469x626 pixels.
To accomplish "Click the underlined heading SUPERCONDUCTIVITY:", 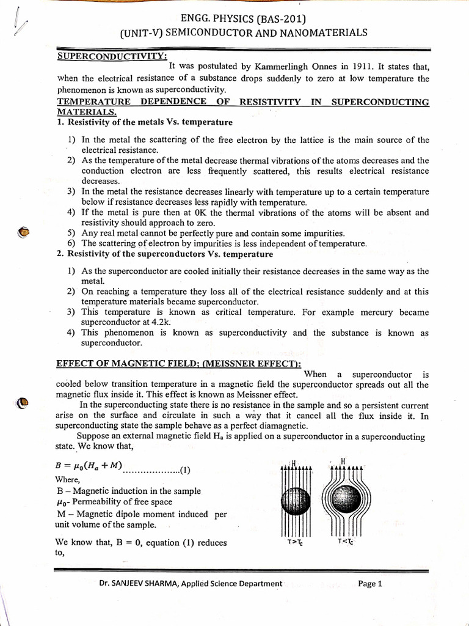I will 112,56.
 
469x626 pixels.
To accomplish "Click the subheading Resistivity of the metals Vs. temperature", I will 150,122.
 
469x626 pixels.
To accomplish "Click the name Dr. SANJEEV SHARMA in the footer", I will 142,584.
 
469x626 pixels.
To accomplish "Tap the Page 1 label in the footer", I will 370,584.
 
